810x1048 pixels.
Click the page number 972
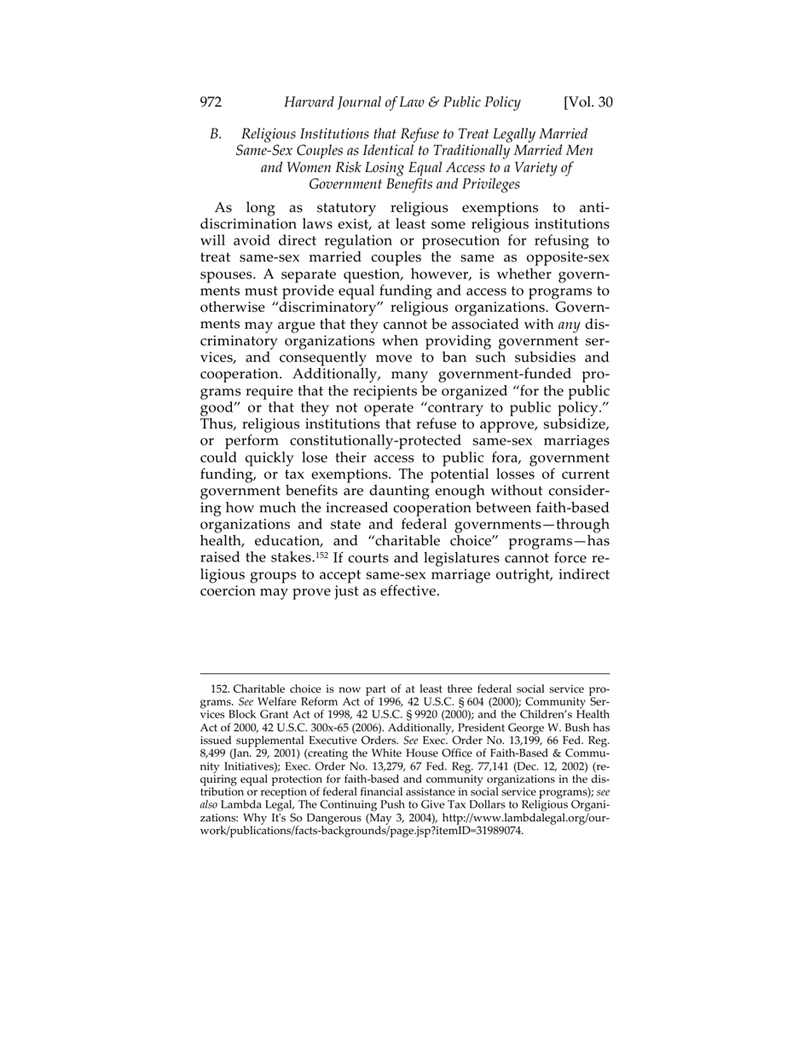[211, 103]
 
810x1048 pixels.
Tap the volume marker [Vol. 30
[587, 103]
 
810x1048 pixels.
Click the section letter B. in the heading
[217, 134]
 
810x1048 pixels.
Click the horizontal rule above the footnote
[404, 674]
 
